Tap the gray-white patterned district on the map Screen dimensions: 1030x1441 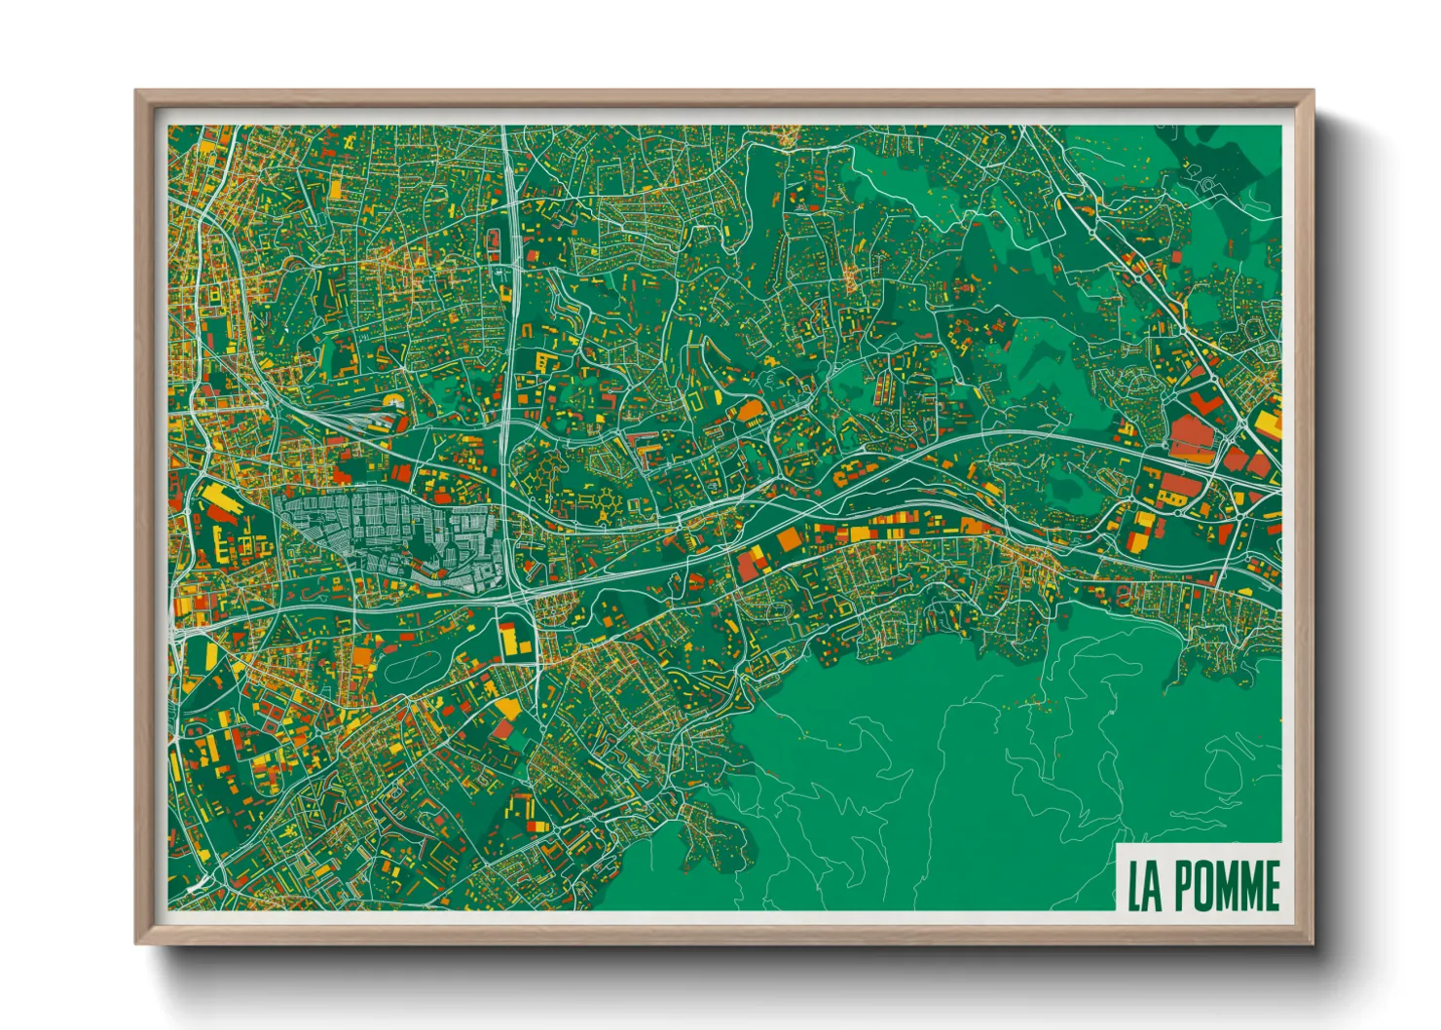[x=389, y=535]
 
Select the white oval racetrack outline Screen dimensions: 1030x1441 [x=417, y=669]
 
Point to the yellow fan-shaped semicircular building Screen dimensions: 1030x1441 [x=393, y=401]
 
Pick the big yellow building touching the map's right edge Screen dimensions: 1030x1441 [x=1269, y=424]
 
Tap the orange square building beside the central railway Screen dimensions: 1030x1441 [x=787, y=541]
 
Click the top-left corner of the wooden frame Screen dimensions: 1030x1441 [x=137, y=92]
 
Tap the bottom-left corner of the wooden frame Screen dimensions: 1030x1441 [x=137, y=942]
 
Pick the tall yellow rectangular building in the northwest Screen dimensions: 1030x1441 [x=336, y=188]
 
